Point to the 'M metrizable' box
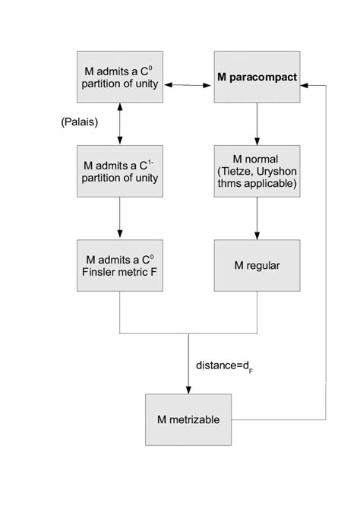pyautogui.click(x=188, y=419)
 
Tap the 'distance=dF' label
pyautogui.click(x=223, y=367)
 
